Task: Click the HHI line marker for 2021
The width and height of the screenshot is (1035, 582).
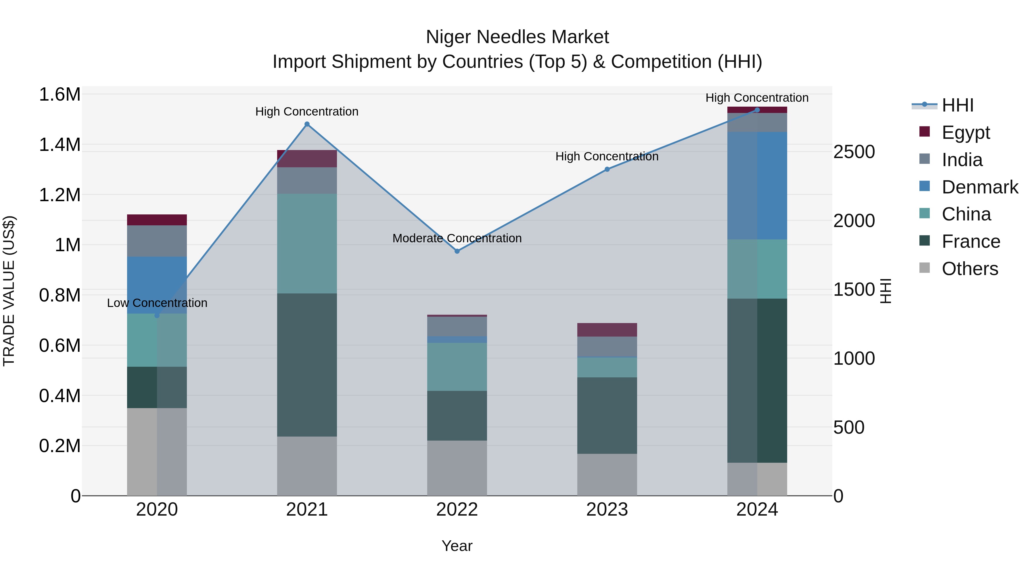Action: [x=307, y=124]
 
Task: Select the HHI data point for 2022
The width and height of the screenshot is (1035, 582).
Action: [x=457, y=251]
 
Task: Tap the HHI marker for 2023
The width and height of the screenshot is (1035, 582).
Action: [x=607, y=169]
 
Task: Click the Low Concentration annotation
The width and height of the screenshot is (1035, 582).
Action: [x=157, y=303]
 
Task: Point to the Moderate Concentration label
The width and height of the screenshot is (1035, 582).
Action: [x=457, y=238]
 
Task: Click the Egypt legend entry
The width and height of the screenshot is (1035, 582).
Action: [x=965, y=132]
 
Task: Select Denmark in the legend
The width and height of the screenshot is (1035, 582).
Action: [x=980, y=187]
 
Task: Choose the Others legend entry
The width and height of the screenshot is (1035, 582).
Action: [x=969, y=268]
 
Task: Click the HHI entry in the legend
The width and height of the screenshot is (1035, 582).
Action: [x=957, y=105]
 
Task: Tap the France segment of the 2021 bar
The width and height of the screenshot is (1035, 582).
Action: [x=307, y=365]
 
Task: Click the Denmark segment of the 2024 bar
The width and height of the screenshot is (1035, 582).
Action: [x=757, y=186]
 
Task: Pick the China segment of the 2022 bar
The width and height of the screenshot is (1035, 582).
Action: [x=457, y=366]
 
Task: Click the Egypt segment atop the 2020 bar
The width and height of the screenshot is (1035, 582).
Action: [x=157, y=220]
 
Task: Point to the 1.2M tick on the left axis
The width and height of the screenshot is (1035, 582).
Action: [x=60, y=195]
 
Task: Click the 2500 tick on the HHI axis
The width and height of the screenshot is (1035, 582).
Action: [x=854, y=152]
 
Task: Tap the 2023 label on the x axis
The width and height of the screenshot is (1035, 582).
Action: [x=607, y=509]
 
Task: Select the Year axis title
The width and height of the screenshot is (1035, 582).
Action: [x=457, y=546]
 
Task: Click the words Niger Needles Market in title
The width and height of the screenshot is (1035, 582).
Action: [x=517, y=37]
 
